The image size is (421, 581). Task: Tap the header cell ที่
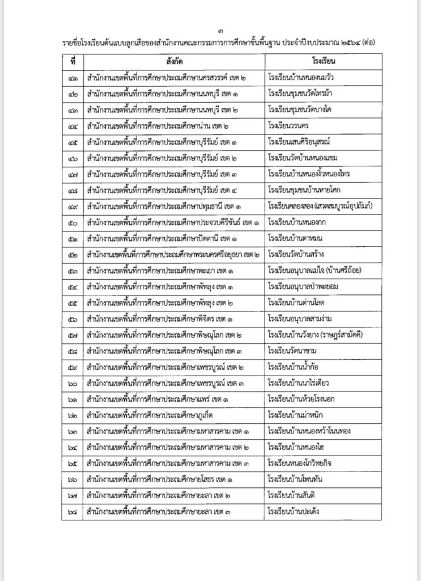point(73,60)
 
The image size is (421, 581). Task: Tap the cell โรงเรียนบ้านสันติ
point(294,495)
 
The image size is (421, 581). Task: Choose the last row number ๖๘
point(73,512)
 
